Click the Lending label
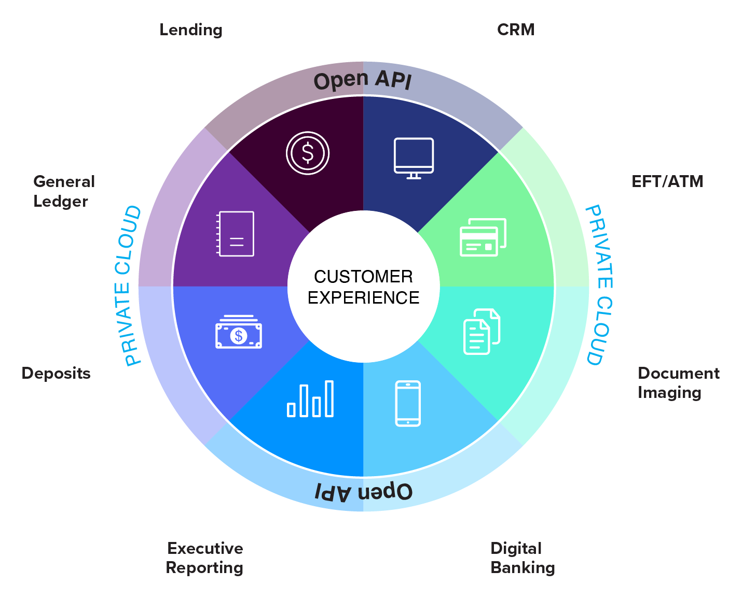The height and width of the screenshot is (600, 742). [x=191, y=30]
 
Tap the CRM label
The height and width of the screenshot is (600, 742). [x=515, y=30]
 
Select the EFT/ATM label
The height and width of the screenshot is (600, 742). [x=667, y=182]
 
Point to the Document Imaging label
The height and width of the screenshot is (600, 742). [x=678, y=383]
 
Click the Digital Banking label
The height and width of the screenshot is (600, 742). [x=522, y=558]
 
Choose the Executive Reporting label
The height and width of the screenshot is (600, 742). [x=204, y=558]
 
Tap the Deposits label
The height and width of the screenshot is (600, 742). [x=56, y=374]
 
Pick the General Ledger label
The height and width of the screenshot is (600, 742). [x=64, y=191]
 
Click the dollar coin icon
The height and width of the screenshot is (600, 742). [x=308, y=153]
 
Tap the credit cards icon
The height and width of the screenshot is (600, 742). [x=483, y=237]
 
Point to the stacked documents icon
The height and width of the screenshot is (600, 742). [x=482, y=332]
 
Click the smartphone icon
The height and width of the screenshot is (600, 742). [x=408, y=404]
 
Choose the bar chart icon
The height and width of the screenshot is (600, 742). [x=310, y=399]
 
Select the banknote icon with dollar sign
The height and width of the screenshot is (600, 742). [x=239, y=332]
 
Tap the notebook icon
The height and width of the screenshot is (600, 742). [x=236, y=234]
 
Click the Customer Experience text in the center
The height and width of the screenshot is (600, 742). [x=363, y=287]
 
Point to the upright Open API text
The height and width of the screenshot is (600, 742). [x=363, y=80]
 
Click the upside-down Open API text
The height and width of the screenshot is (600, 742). [x=364, y=491]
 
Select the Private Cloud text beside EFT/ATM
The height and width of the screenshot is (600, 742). [x=599, y=285]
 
